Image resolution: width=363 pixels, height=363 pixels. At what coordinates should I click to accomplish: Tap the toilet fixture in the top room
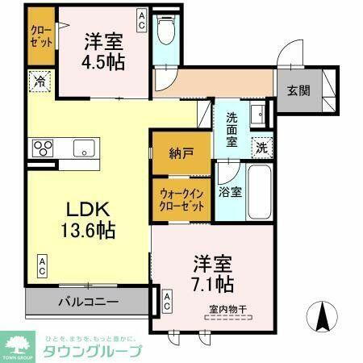167,32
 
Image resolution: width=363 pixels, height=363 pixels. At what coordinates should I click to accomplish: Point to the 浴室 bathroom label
230,192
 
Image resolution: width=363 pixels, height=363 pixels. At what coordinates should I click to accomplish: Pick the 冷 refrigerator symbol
38,81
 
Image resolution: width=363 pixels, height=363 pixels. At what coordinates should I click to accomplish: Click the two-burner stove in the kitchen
43,148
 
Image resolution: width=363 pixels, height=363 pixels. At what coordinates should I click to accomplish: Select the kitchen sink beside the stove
84,148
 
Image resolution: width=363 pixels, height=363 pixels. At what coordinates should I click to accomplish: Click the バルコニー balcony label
88,302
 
